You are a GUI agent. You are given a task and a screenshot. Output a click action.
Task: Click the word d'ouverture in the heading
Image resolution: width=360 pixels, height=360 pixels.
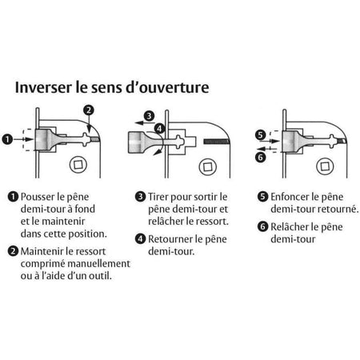(167, 87)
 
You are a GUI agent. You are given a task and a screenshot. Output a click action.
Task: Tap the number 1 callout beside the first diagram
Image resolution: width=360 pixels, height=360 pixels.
(7, 139)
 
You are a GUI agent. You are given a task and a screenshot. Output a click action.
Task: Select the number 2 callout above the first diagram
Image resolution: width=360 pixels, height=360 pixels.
(89, 110)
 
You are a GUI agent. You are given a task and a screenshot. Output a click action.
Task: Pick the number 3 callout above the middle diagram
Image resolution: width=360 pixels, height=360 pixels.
(149, 116)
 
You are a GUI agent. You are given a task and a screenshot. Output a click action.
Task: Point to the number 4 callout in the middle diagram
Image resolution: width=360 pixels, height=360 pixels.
(159, 129)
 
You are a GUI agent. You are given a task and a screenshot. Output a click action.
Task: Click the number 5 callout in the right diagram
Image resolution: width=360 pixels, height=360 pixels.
(261, 135)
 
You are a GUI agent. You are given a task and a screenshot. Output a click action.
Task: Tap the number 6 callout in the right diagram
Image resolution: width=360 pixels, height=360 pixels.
(261, 157)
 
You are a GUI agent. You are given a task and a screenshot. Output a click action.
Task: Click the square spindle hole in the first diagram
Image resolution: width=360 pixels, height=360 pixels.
(78, 165)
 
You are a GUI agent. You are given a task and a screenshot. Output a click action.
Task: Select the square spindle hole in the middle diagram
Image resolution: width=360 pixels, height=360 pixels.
(208, 167)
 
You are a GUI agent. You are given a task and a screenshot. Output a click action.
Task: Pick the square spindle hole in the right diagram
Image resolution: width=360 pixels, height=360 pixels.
(325, 166)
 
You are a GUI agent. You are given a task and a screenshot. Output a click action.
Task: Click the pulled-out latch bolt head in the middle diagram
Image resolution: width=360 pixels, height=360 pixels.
(138, 142)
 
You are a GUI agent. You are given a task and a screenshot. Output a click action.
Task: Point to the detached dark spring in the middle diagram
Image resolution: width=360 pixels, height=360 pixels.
(216, 142)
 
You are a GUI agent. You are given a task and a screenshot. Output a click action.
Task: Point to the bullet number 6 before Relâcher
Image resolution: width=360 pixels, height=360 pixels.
(262, 226)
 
